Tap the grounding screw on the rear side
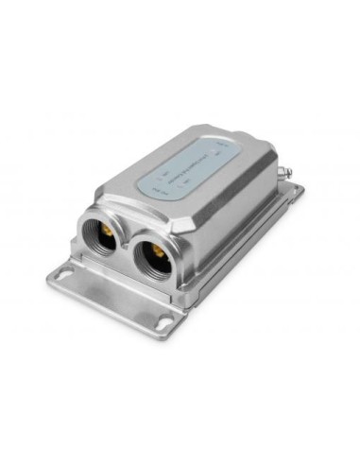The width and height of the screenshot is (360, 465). tap(286, 173)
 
